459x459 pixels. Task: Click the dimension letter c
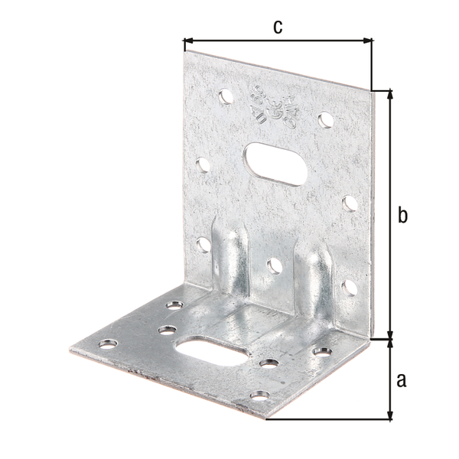(x=278, y=26)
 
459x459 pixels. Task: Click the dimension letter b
(x=402, y=215)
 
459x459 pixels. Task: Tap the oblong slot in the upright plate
(x=273, y=162)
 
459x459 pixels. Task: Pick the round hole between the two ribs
(x=274, y=265)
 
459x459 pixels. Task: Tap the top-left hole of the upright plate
(x=225, y=97)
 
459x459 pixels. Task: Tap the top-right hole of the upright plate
(x=324, y=119)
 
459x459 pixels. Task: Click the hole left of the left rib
(x=203, y=244)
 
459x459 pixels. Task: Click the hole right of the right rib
(x=349, y=287)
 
